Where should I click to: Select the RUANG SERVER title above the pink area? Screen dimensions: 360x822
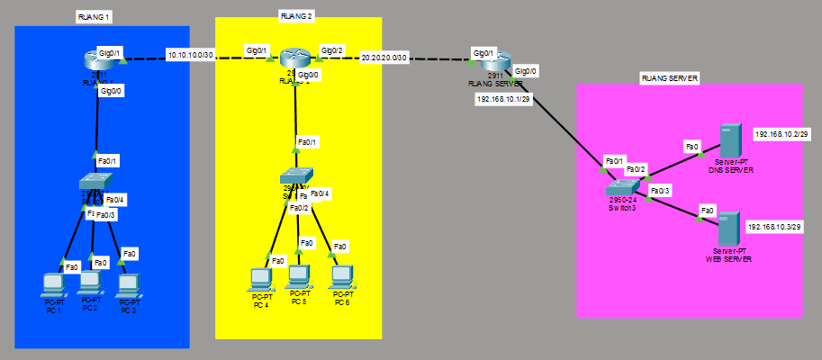pyautogui.click(x=669, y=78)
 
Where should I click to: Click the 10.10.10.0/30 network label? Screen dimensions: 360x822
pyautogui.click(x=190, y=56)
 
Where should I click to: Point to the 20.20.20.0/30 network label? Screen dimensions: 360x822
pyautogui.click(x=384, y=58)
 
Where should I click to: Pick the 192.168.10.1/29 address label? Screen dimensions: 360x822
pyautogui.click(x=503, y=100)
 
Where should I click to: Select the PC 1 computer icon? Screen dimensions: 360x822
pyautogui.click(x=53, y=284)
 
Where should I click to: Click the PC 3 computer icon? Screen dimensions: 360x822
pyautogui.click(x=128, y=284)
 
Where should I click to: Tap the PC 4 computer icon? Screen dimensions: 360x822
pyautogui.click(x=261, y=280)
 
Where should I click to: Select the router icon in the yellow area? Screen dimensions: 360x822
pyautogui.click(x=294, y=58)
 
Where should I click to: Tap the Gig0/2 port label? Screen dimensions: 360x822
pyautogui.click(x=333, y=50)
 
